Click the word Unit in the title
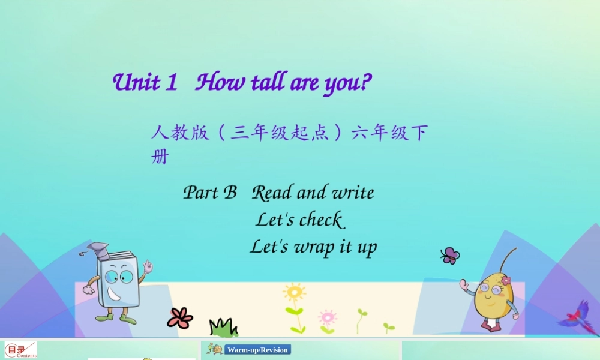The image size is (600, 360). [137, 82]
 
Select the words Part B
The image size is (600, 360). [210, 193]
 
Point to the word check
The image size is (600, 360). [322, 220]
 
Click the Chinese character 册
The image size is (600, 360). [160, 157]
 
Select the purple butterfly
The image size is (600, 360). [449, 256]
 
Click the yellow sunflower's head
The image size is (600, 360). [294, 293]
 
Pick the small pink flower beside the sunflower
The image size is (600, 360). [327, 317]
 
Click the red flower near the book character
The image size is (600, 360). [179, 317]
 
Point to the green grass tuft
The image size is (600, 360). [223, 328]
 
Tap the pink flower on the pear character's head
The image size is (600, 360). [506, 280]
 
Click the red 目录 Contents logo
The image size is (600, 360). [20, 350]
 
